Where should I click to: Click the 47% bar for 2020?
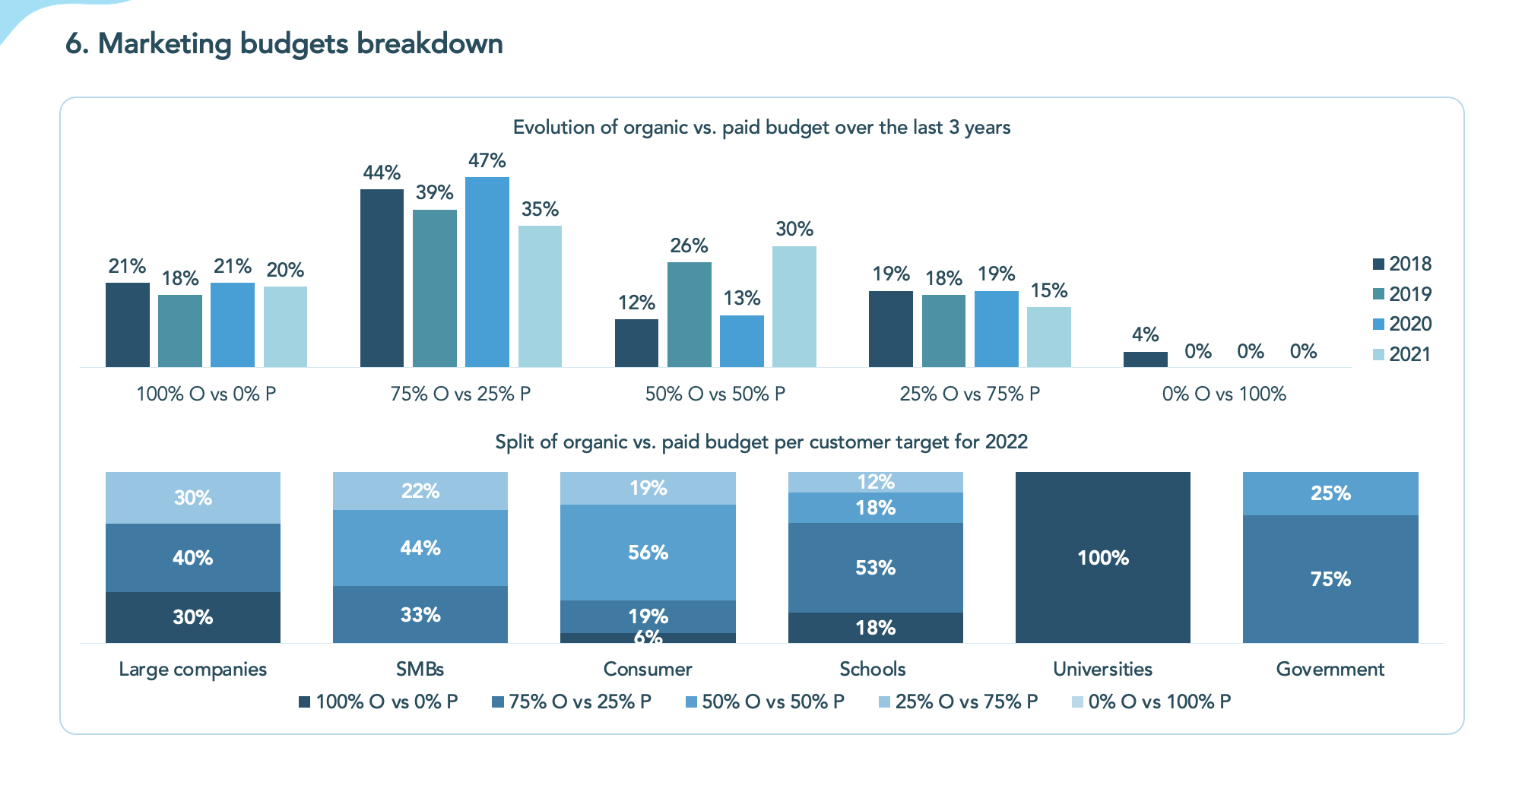point(487,272)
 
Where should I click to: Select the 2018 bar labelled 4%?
point(1145,359)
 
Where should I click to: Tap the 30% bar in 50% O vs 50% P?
point(794,306)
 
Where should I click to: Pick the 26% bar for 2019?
point(689,315)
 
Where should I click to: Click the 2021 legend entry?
point(1402,354)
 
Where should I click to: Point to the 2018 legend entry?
point(1402,264)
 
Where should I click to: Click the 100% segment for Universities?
point(1102,557)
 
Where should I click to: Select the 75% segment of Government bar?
point(1330,579)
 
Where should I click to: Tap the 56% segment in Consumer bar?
point(648,553)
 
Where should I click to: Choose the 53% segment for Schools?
point(875,568)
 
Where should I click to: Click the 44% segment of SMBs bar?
point(420,548)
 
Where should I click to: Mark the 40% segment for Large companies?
point(192,558)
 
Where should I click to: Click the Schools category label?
point(872,669)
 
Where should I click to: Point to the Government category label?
point(1330,669)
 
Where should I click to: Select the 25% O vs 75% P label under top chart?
point(969,394)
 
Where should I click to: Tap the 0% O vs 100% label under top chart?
point(1224,394)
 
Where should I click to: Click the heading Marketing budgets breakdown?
point(284,44)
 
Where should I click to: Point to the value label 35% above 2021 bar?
point(540,209)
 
